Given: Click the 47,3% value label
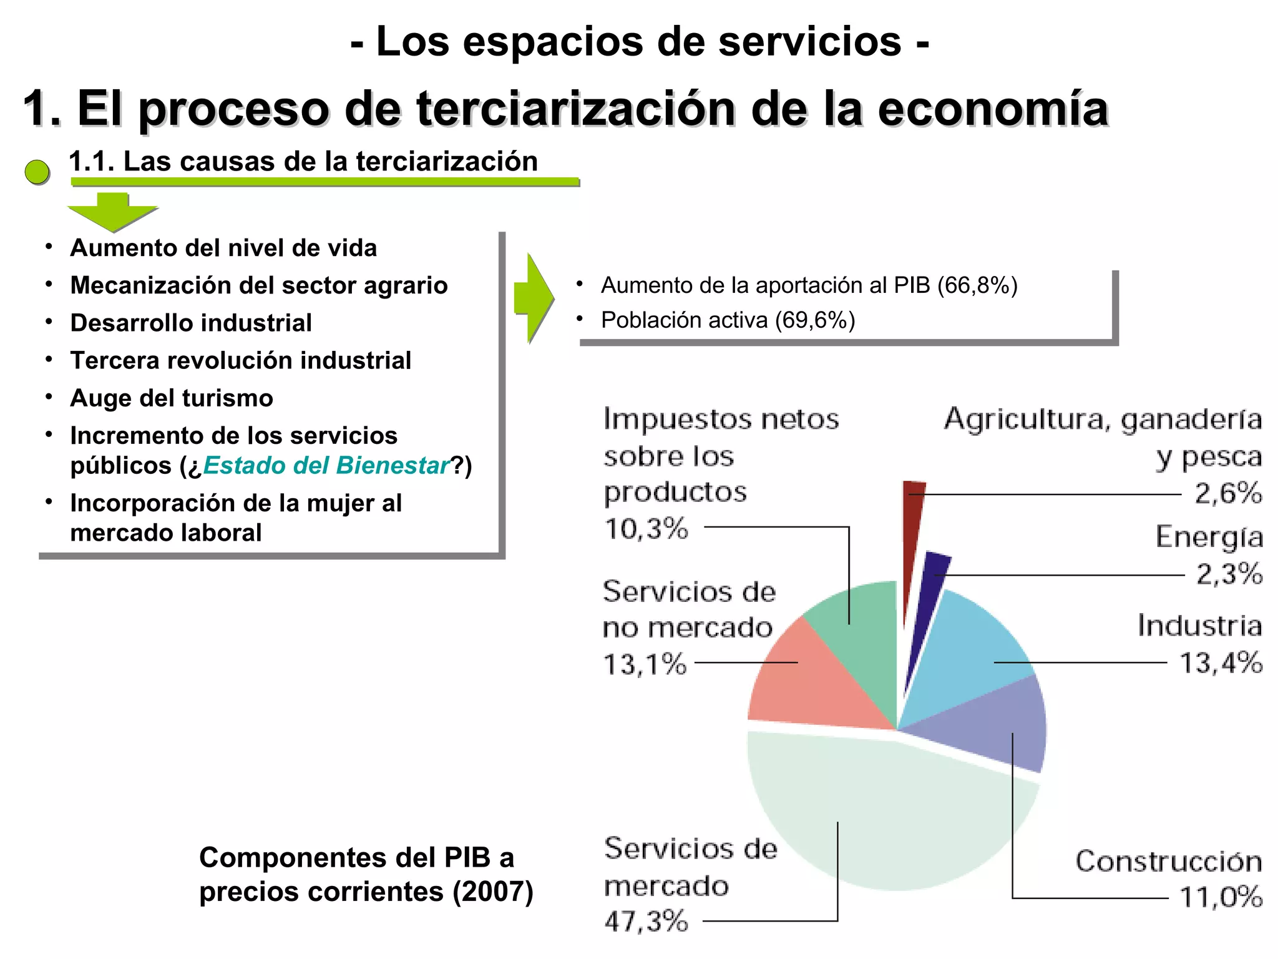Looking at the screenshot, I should tap(646, 922).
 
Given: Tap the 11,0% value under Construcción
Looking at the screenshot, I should tap(1221, 898).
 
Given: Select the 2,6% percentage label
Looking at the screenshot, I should tap(1228, 493).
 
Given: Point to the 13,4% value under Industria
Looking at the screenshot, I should tap(1221, 662).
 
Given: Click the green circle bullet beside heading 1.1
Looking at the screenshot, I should tap(37, 172).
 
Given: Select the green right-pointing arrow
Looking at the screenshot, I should tap(534, 298).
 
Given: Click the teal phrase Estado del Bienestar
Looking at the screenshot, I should tap(326, 466).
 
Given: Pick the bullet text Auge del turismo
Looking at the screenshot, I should tap(172, 398).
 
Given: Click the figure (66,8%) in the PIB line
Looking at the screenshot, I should tap(977, 285).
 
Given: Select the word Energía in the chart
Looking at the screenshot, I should tap(1209, 537).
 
